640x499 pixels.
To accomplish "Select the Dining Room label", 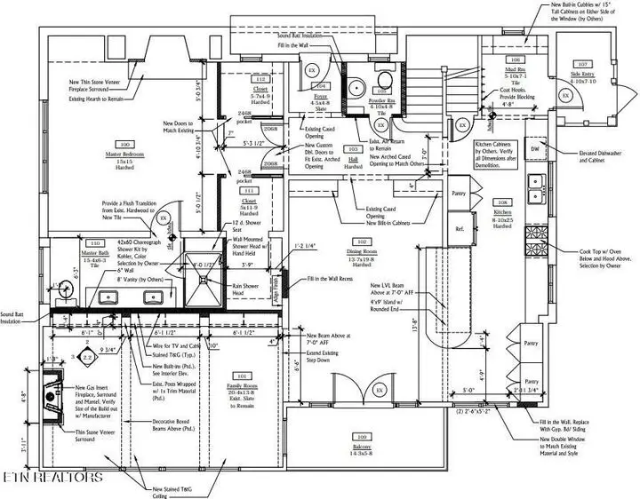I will point(362,253).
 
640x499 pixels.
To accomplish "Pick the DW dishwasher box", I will point(535,149).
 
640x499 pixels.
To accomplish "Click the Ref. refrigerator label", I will point(460,228).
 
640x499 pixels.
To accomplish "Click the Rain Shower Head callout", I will point(250,286).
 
